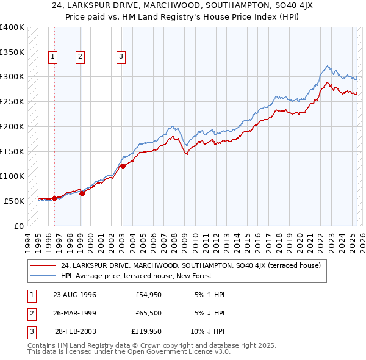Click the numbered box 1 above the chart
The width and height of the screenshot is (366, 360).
point(54,57)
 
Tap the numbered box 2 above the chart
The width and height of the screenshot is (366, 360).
point(81,57)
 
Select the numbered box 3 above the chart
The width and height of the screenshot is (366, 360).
point(121,57)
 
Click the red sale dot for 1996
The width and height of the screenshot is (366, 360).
point(54,198)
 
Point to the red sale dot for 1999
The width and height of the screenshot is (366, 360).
point(82,193)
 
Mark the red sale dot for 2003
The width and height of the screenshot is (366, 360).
point(123,165)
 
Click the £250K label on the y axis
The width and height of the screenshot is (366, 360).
point(12,102)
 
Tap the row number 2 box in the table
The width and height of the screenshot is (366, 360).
point(30,313)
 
